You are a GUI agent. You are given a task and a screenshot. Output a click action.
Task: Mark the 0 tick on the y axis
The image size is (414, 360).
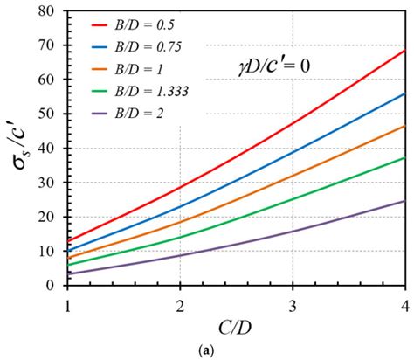point(56,285)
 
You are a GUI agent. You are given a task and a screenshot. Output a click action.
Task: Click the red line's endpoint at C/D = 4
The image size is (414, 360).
point(405,51)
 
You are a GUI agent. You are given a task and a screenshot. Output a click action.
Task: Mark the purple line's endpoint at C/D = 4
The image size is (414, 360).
point(405,201)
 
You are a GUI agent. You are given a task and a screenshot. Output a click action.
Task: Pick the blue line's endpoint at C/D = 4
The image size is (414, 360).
point(405,93)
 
